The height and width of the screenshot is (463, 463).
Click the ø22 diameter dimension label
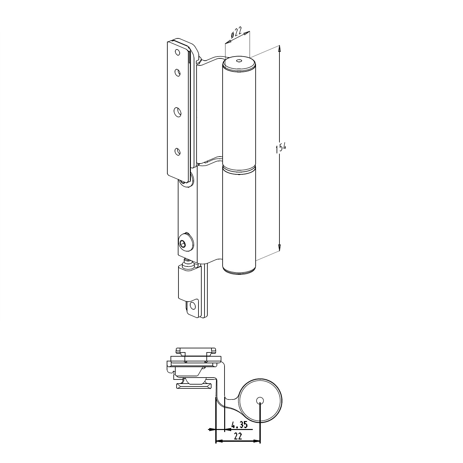coord(236,33)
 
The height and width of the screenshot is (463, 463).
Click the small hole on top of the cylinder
coord(238,61)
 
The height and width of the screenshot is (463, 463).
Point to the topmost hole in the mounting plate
coord(177,52)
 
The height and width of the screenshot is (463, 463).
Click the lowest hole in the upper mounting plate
coord(177,151)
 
